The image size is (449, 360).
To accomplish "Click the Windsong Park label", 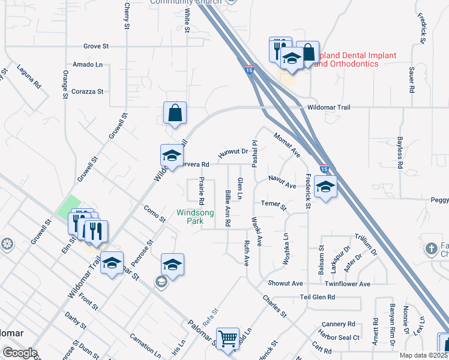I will [x=191, y=217].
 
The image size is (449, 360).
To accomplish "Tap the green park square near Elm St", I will [x=68, y=206].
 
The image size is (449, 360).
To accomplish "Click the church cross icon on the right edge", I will [x=432, y=248].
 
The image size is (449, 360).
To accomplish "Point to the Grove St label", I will [x=96, y=46].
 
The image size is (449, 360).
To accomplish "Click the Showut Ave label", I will [x=285, y=283].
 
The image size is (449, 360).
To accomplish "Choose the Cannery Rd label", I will [x=339, y=323].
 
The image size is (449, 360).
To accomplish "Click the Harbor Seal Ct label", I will [x=340, y=338].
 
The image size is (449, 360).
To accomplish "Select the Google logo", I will [x=20, y=353].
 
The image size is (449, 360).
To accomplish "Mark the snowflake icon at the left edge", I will [x=7, y=244].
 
